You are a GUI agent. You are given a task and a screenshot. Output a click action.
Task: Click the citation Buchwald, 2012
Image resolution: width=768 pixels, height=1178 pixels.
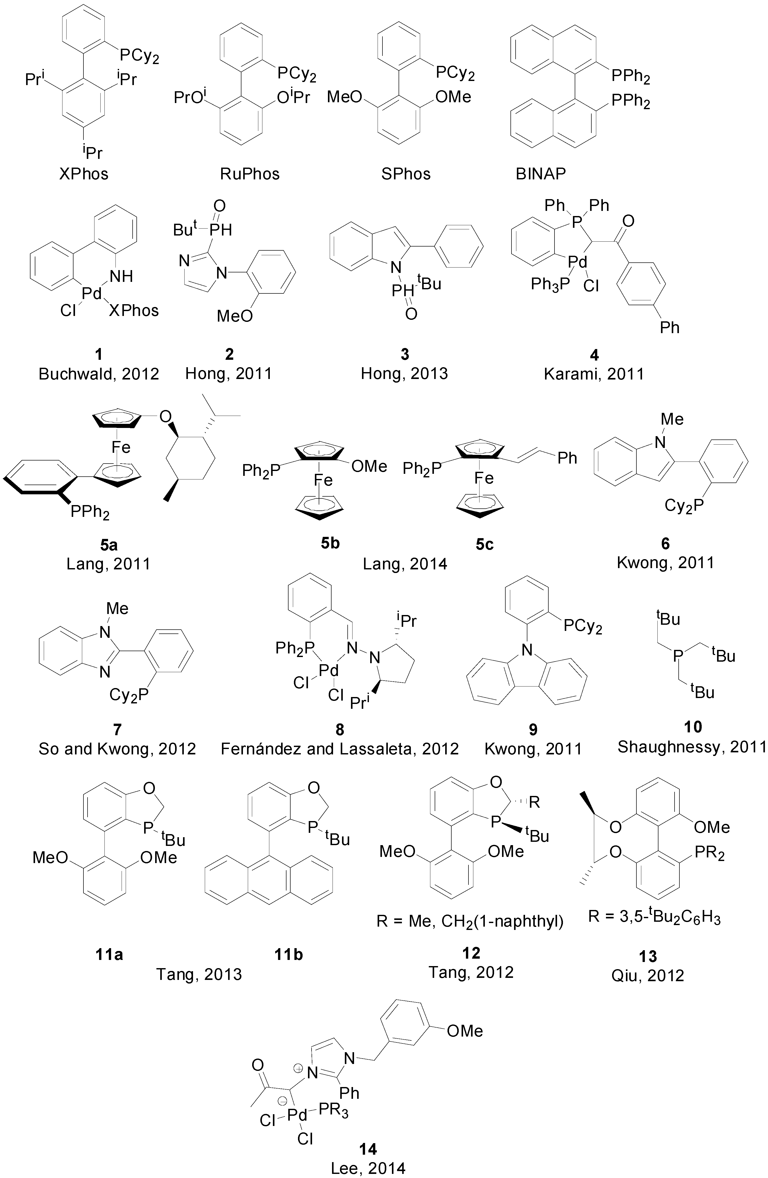tap(99, 374)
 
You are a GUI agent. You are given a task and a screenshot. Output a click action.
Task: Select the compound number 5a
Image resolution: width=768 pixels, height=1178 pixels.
tap(109, 545)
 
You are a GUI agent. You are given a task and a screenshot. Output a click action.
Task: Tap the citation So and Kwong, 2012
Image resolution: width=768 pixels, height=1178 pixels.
tap(117, 748)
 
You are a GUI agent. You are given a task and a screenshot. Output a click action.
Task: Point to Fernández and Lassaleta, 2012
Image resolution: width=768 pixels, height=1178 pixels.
tap(340, 748)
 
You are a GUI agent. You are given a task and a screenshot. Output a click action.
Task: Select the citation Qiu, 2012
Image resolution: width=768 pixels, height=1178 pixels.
tap(648, 975)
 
